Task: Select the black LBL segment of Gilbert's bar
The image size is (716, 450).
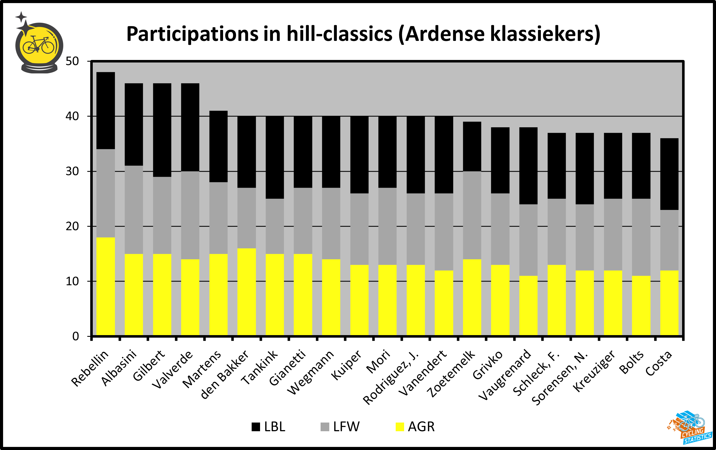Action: coord(162,130)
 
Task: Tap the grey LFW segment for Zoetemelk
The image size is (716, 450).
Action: coord(472,215)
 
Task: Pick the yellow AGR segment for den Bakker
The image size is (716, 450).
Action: coord(247,292)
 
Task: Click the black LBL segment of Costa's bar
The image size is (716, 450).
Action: coord(669,174)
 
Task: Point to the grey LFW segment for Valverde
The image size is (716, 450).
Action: coord(190,215)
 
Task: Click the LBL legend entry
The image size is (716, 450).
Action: coord(268,427)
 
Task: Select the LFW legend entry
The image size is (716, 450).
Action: coord(340,427)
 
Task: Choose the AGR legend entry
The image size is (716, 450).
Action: coord(415,427)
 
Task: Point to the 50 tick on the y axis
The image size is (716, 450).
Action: coord(72,61)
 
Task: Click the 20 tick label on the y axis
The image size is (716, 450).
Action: coord(72,226)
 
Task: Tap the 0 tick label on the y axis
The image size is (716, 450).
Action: coord(76,336)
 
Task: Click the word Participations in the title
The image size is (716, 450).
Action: coord(192,34)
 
